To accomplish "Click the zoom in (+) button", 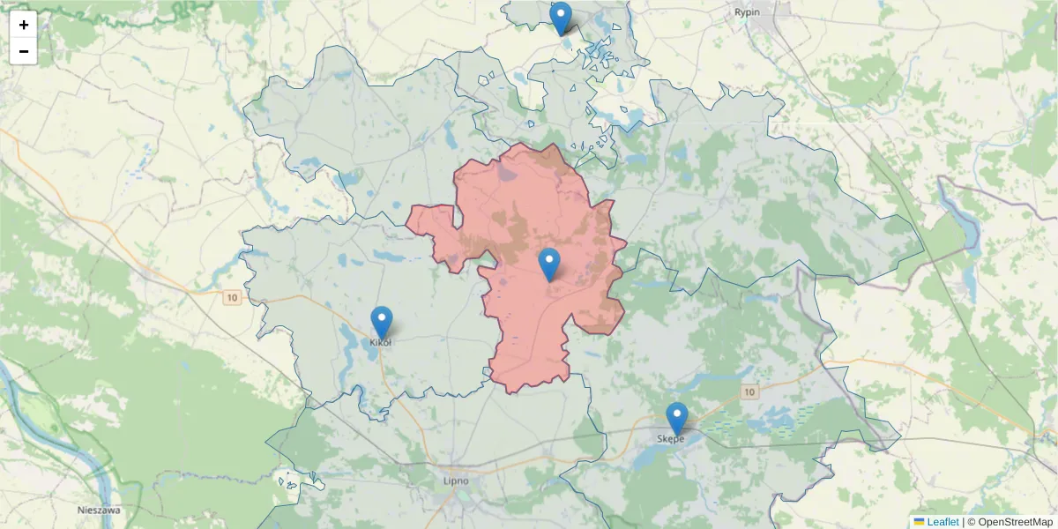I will (x=24, y=25).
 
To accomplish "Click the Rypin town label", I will (x=747, y=12).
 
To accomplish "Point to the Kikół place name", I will (x=380, y=342).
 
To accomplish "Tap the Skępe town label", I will (x=670, y=438).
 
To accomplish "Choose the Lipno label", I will (x=456, y=481).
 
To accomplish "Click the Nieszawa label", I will (x=99, y=510).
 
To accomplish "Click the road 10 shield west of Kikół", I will (x=232, y=298).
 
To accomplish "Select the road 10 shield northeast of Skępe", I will (x=749, y=391).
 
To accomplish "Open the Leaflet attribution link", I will (x=943, y=522).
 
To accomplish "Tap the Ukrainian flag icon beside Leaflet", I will (x=920, y=522).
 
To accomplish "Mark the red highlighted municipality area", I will (x=529, y=212).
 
